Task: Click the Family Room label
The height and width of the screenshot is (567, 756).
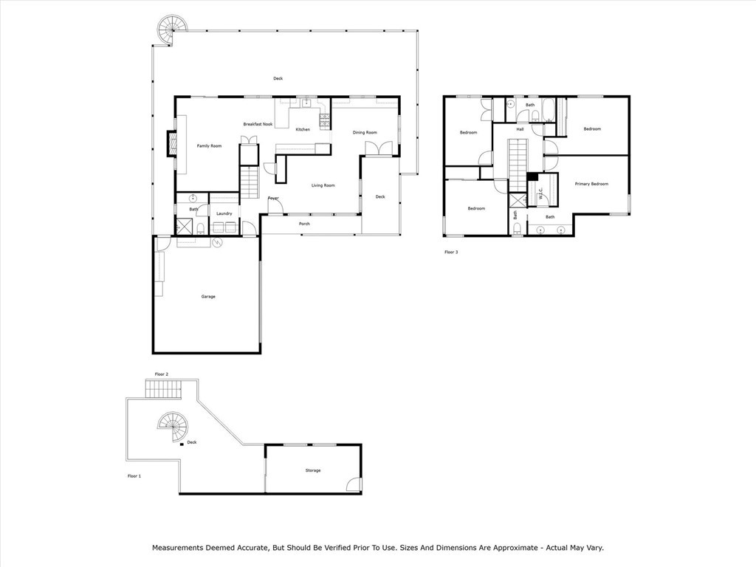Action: point(209,146)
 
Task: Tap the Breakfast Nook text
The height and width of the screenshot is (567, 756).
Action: point(258,124)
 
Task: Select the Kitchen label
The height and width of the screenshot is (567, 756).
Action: point(303,130)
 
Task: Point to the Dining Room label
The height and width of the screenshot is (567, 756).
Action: point(365,133)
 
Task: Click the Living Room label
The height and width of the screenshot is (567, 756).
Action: point(323,185)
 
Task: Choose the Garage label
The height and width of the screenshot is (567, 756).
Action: point(208,297)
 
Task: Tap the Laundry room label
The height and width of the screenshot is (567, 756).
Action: point(224,214)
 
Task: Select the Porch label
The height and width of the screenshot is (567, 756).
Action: point(304,224)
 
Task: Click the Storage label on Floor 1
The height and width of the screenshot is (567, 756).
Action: point(313,470)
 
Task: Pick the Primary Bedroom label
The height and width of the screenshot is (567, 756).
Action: point(591,184)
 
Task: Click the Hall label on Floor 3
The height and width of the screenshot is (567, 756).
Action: point(520,130)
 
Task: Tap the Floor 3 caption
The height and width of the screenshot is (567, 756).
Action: point(451,252)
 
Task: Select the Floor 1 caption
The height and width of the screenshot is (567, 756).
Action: point(134,476)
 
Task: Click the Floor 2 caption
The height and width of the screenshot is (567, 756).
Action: point(161,375)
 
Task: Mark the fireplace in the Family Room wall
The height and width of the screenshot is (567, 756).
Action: point(171,144)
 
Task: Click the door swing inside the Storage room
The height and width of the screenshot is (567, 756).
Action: point(354,485)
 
